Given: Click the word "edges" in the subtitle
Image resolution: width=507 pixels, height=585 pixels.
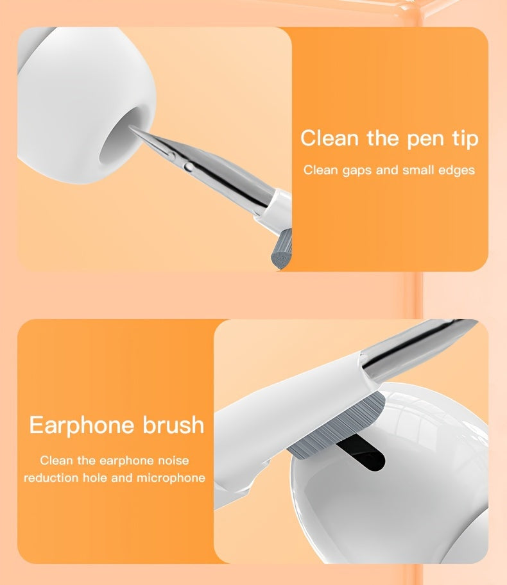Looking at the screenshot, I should pyautogui.click(x=456, y=170).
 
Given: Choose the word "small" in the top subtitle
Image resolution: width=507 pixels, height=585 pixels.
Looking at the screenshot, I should pyautogui.click(x=417, y=170).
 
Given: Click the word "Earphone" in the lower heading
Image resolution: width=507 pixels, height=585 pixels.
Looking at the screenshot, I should pyautogui.click(x=82, y=425).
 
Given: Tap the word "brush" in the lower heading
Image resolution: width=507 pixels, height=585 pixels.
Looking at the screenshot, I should pyautogui.click(x=172, y=425).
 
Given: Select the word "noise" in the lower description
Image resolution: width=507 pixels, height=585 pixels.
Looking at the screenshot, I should pyautogui.click(x=172, y=460).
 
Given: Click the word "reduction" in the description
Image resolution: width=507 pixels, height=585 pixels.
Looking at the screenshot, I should pyautogui.click(x=50, y=478).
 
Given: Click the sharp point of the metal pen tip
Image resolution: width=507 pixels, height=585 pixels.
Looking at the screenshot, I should pyautogui.click(x=131, y=127).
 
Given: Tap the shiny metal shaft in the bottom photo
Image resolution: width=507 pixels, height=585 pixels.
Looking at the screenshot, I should pyautogui.click(x=417, y=346).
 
